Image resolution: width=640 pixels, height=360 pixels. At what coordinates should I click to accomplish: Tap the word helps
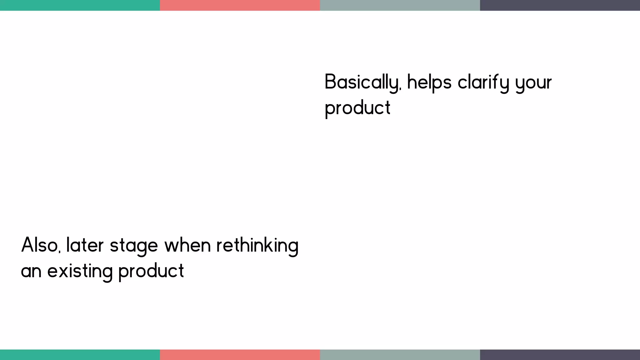(429, 82)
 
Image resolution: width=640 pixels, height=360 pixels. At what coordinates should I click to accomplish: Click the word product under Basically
(357, 108)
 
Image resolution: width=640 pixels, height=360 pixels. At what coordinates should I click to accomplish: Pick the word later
(85, 245)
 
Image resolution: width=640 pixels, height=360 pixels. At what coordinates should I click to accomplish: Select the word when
(187, 245)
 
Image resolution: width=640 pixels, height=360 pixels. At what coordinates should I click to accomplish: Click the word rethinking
(257, 246)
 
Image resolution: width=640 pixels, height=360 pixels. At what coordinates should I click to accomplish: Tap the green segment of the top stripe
(80, 5)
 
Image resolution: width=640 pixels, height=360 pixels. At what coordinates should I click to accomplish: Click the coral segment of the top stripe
(240, 5)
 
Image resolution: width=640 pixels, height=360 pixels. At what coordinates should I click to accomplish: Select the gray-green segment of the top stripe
(400, 5)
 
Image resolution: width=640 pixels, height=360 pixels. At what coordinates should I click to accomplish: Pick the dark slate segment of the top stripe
(560, 5)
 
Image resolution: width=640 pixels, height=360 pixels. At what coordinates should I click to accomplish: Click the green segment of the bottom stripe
(80, 355)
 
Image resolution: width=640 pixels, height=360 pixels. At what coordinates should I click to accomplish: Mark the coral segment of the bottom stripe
(240, 355)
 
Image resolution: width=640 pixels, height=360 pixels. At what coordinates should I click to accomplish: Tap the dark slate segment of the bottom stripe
(560, 355)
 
